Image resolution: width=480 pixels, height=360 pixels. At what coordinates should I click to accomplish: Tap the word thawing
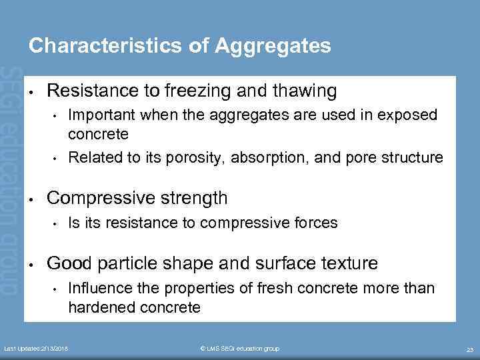305,90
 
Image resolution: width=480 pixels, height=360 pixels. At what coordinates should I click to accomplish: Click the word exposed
408,115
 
